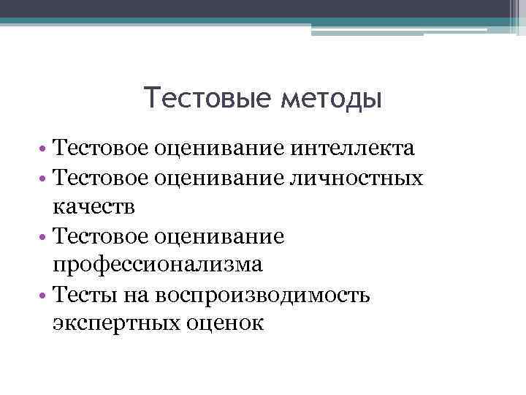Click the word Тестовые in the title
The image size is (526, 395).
tap(207, 97)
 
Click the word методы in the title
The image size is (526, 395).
tap(331, 99)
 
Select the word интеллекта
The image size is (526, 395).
tap(354, 149)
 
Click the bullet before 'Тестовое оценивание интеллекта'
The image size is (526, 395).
tap(44, 150)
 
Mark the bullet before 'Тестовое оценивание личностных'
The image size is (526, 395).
tap(44, 179)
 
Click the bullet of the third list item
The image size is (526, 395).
tap(44, 237)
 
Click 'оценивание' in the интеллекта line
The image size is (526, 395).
tap(220, 149)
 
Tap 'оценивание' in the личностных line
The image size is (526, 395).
tap(220, 178)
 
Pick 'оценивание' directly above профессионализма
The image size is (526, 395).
tap(220, 236)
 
